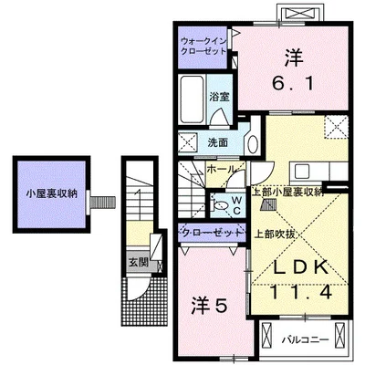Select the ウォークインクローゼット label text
point(204,48)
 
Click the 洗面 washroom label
point(217,142)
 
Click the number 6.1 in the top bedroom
point(293,83)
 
